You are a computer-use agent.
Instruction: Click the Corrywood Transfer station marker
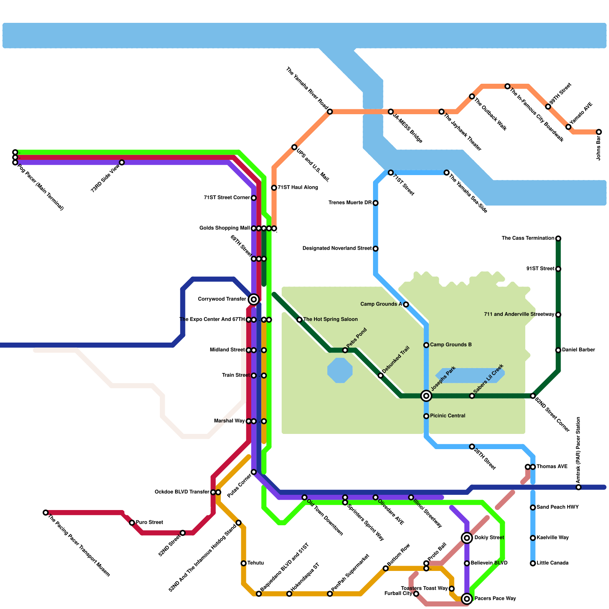coord(254,299)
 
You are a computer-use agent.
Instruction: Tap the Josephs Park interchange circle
coord(426,396)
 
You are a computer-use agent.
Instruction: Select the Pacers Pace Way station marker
coord(467,599)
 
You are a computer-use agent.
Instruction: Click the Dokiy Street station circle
coord(467,538)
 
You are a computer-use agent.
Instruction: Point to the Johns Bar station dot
coord(599,132)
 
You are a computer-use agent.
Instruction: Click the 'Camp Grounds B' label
coord(451,345)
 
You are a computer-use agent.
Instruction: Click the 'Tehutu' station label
coord(255,563)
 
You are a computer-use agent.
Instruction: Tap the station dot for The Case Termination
coord(558,239)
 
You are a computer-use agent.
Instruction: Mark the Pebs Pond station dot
coord(345,350)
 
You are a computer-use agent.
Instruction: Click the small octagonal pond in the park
coord(340,370)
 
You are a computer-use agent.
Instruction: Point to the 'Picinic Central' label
coord(448,416)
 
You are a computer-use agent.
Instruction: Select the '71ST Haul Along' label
coord(297,188)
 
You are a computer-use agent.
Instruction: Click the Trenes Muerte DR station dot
coord(376,203)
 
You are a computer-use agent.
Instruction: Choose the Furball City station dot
coord(416,594)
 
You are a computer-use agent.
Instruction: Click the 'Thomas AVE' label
coord(552,467)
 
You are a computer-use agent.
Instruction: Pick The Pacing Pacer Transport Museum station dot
coord(46,513)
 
